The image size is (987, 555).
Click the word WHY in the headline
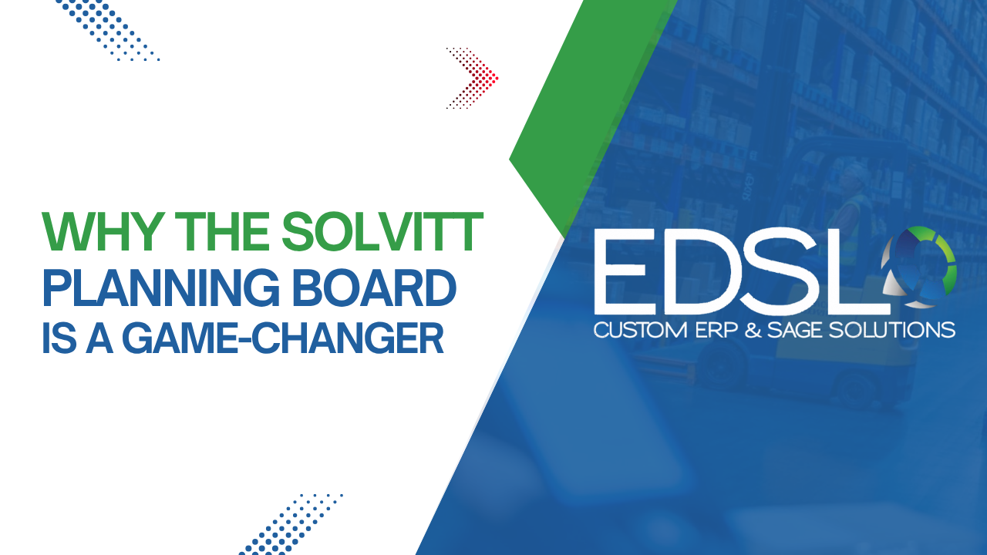point(100,231)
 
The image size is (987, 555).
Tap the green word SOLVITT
point(382,231)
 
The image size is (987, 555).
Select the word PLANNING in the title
point(161,288)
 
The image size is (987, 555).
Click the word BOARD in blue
point(374,288)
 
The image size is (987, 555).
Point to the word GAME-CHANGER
point(282,338)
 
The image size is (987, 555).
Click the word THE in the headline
point(224,231)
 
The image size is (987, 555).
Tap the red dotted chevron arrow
point(473,78)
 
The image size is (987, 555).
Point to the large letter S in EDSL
point(776,271)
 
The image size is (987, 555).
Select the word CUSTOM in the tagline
point(640,331)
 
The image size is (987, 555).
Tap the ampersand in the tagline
point(753,331)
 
